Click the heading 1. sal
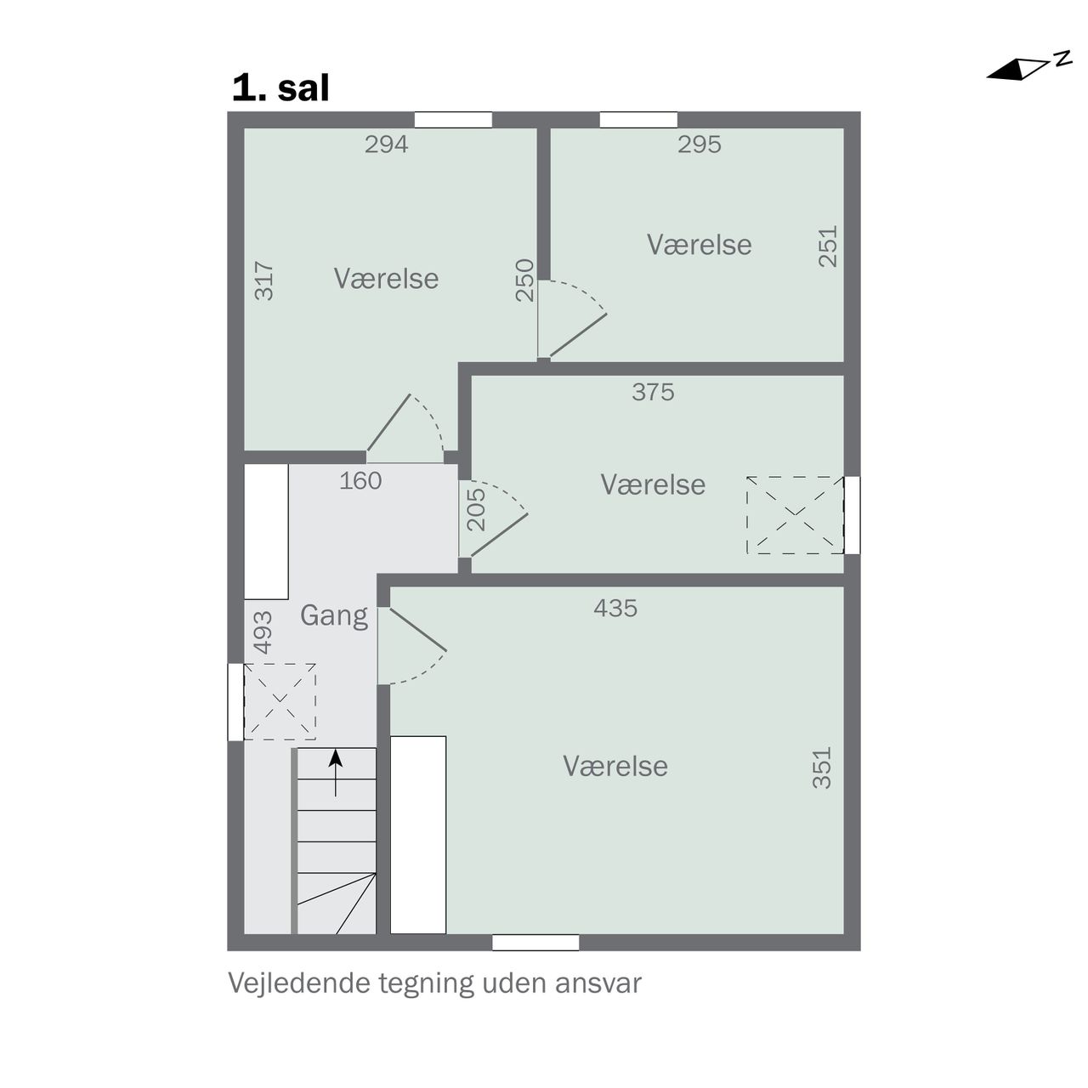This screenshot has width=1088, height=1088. pyautogui.click(x=280, y=88)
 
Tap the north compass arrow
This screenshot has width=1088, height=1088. pyautogui.click(x=1028, y=68)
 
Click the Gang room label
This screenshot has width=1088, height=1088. pyautogui.click(x=334, y=615)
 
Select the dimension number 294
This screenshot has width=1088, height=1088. pyautogui.click(x=386, y=144)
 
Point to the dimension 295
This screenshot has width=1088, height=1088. pyautogui.click(x=699, y=144)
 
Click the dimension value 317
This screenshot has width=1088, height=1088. pyautogui.click(x=264, y=280)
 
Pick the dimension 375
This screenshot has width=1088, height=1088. pyautogui.click(x=653, y=392)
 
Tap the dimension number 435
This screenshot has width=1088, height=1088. pyautogui.click(x=615, y=608)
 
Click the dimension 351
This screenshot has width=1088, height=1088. pyautogui.click(x=822, y=768)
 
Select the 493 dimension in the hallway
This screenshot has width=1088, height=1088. pyautogui.click(x=263, y=632)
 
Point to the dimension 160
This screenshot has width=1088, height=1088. pyautogui.click(x=360, y=480)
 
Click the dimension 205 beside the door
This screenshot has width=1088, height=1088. pyautogui.click(x=477, y=509)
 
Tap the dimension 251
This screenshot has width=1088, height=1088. pyautogui.click(x=828, y=246)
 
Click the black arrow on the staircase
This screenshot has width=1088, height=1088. pyautogui.click(x=336, y=773)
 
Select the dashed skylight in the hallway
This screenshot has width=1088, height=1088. pyautogui.click(x=280, y=702)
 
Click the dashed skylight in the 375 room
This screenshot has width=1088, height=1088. pyautogui.click(x=795, y=515)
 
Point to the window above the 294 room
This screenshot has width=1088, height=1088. pyautogui.click(x=453, y=120)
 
